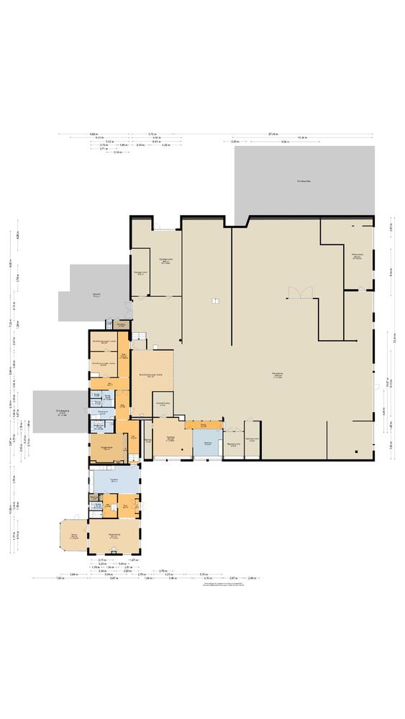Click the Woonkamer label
point(114,535)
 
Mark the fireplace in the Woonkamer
point(114,551)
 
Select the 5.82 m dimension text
point(94,134)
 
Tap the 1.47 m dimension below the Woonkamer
point(133,559)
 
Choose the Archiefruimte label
point(163,404)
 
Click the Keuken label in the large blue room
point(114,481)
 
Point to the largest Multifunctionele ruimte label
point(151,375)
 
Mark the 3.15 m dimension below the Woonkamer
point(102,559)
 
